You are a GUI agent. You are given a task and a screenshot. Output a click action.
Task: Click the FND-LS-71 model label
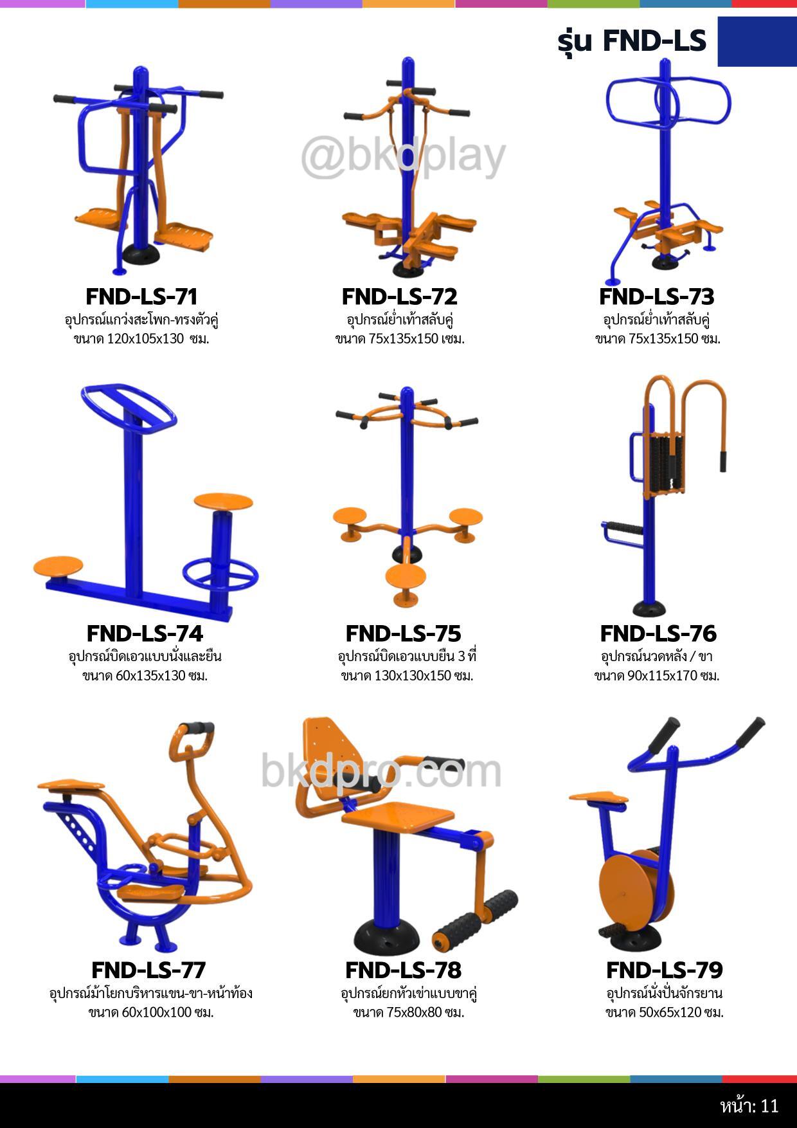tap(141, 296)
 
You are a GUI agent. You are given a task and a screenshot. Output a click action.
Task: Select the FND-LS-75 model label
tap(403, 633)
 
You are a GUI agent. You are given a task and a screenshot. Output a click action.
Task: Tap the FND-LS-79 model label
tap(665, 970)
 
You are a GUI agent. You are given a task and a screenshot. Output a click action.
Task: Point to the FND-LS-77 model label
tap(148, 970)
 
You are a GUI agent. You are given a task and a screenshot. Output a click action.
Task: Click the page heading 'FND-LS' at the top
tap(654, 41)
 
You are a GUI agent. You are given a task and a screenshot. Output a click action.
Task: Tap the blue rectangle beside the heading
tap(757, 41)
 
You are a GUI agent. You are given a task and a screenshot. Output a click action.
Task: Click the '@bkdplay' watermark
tap(404, 156)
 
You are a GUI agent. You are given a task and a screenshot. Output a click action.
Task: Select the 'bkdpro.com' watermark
tap(381, 770)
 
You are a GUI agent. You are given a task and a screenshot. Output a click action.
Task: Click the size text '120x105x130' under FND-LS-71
tap(145, 339)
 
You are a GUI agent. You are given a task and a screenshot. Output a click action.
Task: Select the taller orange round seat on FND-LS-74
tap(223, 500)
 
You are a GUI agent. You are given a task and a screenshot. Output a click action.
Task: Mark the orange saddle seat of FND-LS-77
tap(71, 785)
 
